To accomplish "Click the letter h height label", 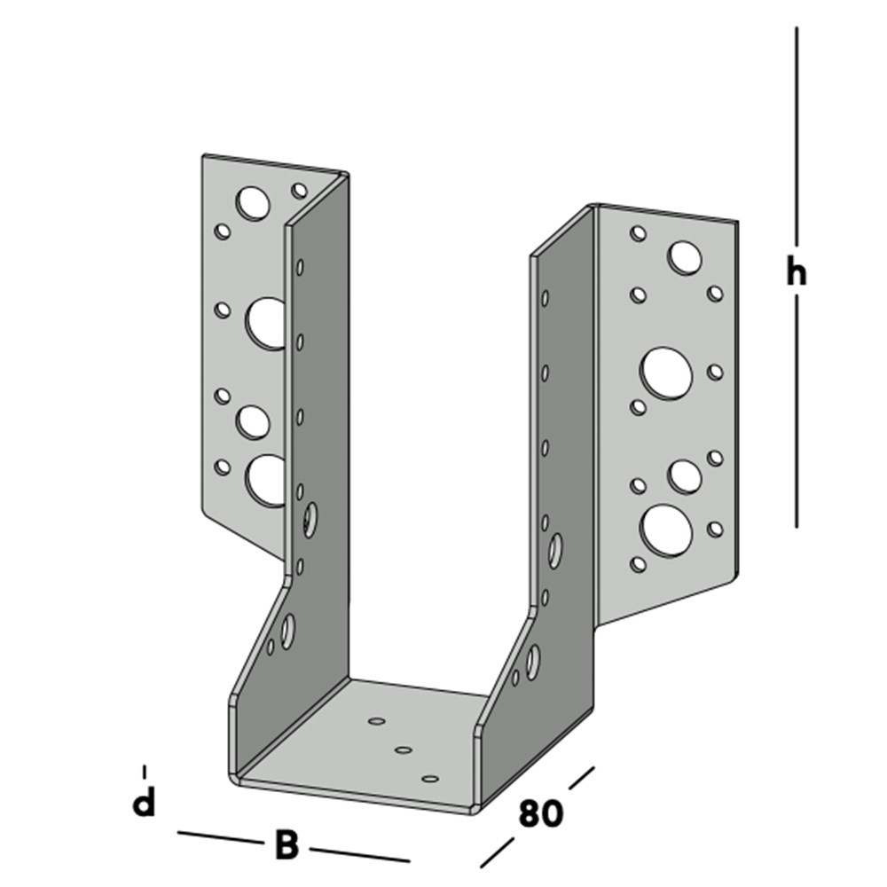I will pos(796,272).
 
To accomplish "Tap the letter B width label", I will pos(286,845).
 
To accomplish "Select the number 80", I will pos(540,813).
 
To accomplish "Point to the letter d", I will pos(144,803).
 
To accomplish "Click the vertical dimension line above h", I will pos(796,133).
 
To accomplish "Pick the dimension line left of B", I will pos(218,837).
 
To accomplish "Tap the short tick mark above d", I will pos(144,771).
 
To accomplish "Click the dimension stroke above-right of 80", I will pos(581,778).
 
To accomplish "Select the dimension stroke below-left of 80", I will pos(498,852).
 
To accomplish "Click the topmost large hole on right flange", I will pos(685,257).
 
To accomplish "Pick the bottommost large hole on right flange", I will pos(665,530).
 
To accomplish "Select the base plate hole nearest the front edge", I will pos(431,779).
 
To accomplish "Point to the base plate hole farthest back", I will pos(377,723).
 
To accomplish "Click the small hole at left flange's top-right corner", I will pos(300,190).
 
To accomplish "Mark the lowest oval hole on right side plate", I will pos(532,662).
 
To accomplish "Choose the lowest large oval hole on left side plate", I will pos(287,631).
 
